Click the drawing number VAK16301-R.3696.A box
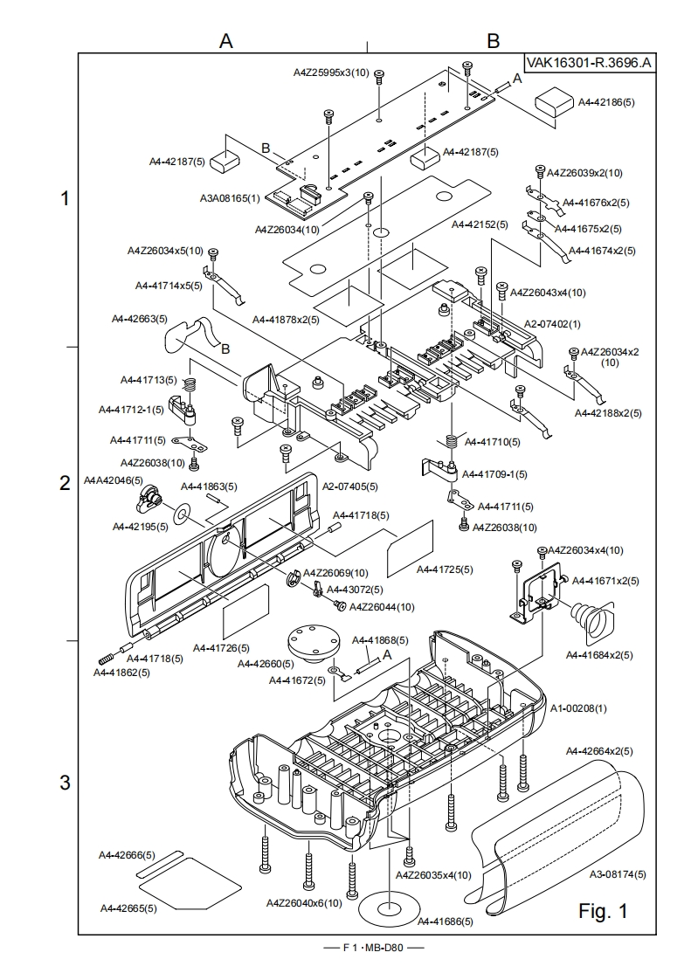click(x=590, y=63)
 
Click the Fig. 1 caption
click(x=603, y=911)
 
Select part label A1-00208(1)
click(x=578, y=708)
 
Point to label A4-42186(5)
click(x=606, y=102)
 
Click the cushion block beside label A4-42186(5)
click(x=554, y=100)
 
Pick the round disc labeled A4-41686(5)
click(x=388, y=907)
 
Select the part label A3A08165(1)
click(x=230, y=198)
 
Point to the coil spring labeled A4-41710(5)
click(x=452, y=440)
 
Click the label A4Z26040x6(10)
click(x=304, y=902)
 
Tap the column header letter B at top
click(x=493, y=41)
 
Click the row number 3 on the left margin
click(x=65, y=782)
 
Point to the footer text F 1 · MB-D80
click(x=374, y=947)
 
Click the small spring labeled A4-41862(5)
click(x=107, y=658)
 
